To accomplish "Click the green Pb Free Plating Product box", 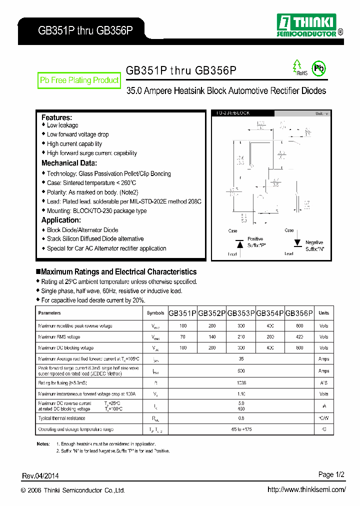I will pos(79,80).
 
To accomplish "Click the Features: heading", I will pos(56,117).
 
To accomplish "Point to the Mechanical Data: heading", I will pos(69,163).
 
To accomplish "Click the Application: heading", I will pos(61,220).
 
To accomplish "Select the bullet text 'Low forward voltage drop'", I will pos(77,134).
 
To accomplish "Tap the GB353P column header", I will pos(241,313).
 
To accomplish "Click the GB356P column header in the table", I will pos(299,313).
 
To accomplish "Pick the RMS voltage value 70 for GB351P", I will pos(182,337).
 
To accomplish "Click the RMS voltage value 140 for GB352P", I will pos(212,337).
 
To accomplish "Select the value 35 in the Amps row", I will pos(241,359).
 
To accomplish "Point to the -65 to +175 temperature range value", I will pos(241,429).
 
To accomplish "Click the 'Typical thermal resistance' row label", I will pos(61,418).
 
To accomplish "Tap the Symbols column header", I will pos(155,313).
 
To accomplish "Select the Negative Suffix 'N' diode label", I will pos(314,245).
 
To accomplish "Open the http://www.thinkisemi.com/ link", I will pos(306,489).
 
